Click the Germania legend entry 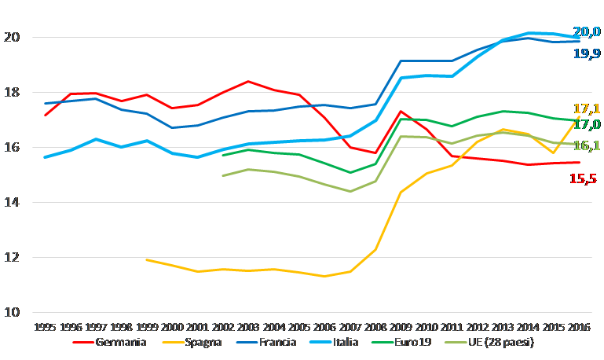click(114, 343)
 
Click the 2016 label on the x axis click(579, 326)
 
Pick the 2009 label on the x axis click(401, 326)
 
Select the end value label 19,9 click(587, 53)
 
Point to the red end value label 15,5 click(582, 179)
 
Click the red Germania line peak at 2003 click(247, 81)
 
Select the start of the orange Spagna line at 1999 click(146, 259)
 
